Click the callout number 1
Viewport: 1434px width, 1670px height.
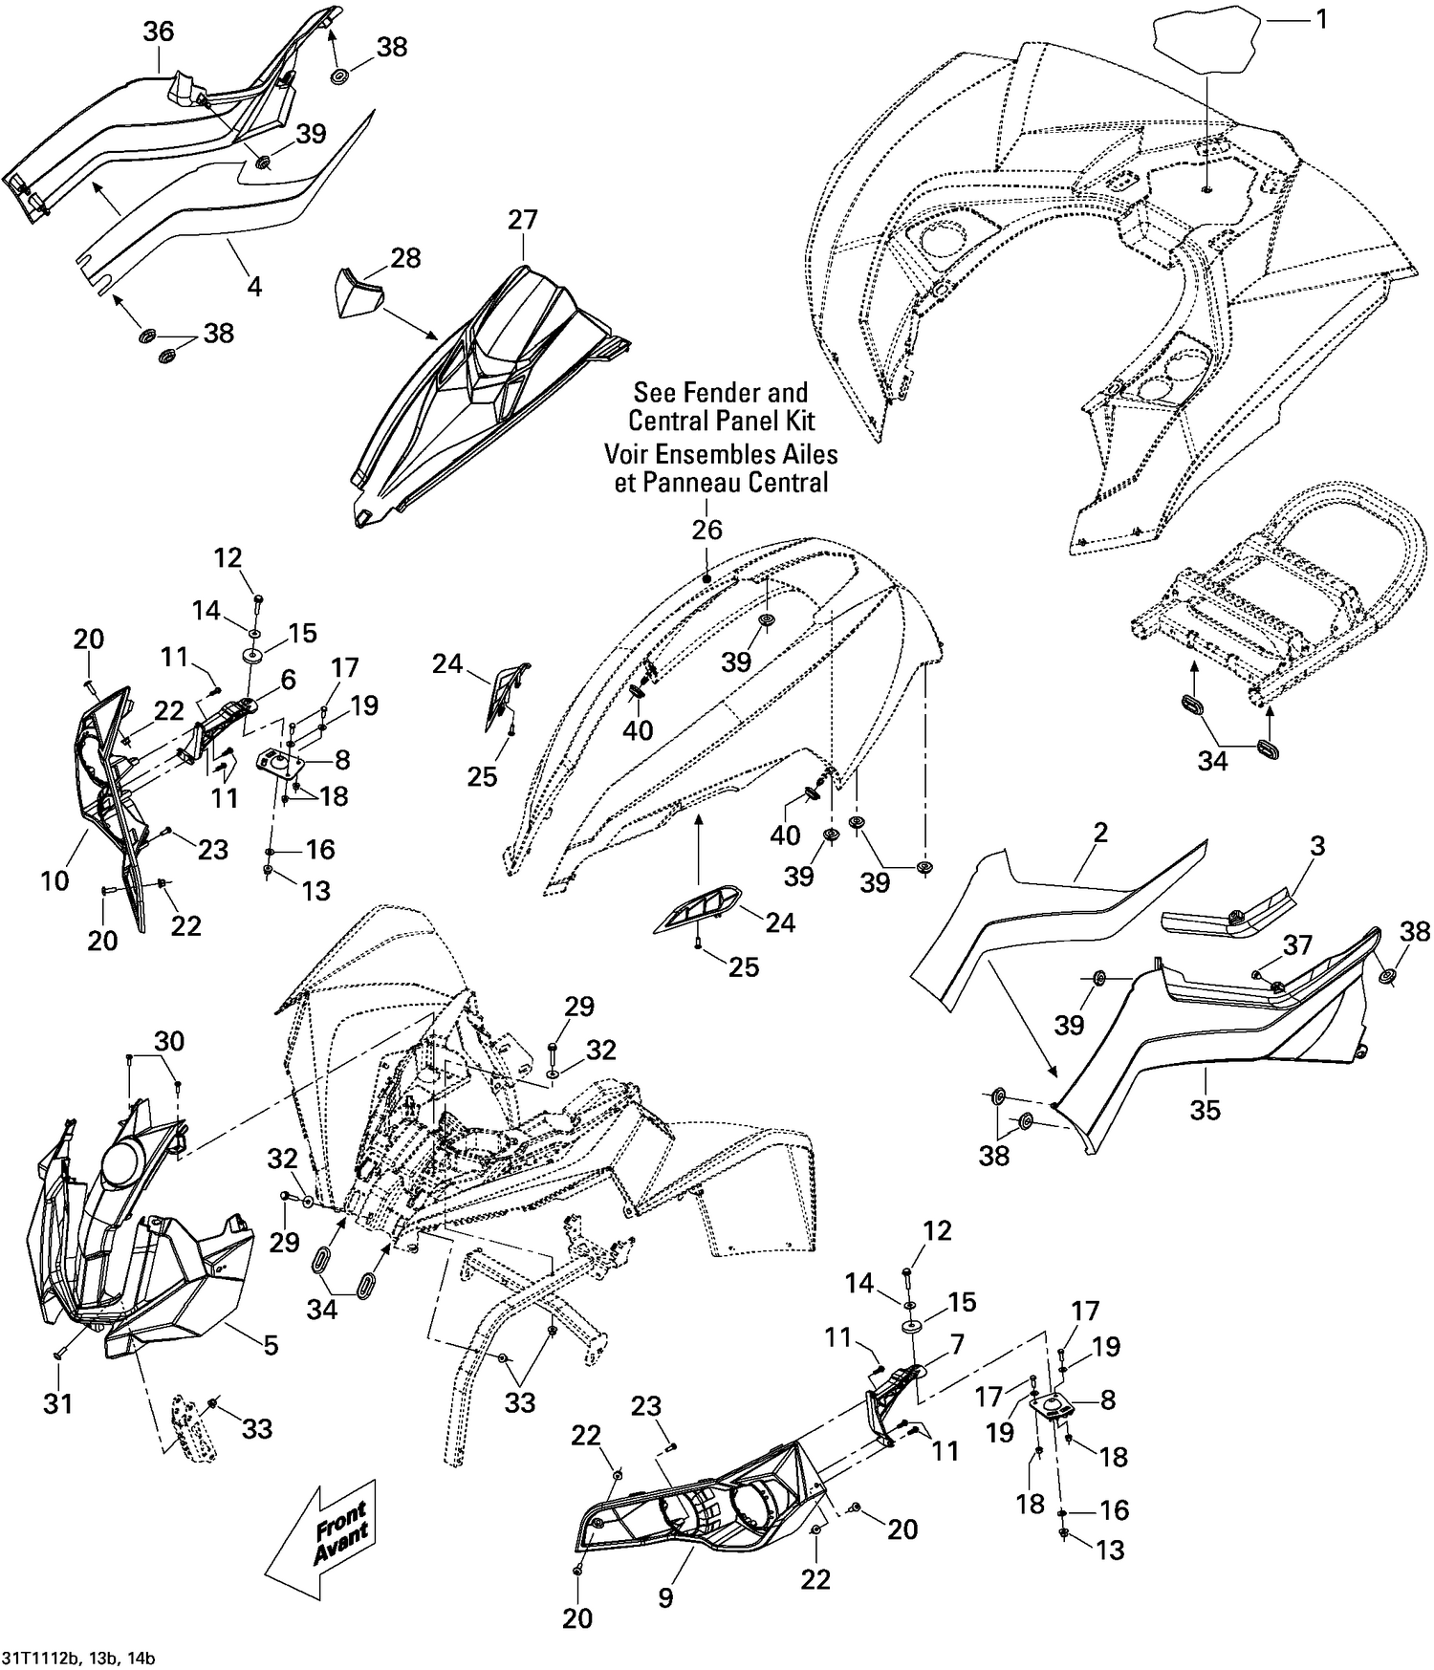tap(1322, 19)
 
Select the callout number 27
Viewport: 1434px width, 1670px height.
tap(523, 220)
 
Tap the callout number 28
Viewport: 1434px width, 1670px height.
tap(405, 259)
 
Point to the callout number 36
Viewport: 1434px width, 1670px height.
tap(159, 32)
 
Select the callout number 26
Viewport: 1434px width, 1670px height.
tap(707, 530)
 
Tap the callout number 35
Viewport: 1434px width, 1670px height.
tap(1206, 1110)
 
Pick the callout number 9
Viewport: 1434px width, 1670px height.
tap(665, 1597)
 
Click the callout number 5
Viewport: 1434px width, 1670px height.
tap(271, 1346)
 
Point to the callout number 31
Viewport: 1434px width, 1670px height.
tap(57, 1403)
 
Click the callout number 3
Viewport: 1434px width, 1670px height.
tap(1317, 846)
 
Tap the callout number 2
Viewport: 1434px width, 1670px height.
tap(1100, 833)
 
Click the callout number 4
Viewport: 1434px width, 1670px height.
tap(254, 285)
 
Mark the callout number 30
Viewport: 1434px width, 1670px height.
tap(169, 1040)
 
